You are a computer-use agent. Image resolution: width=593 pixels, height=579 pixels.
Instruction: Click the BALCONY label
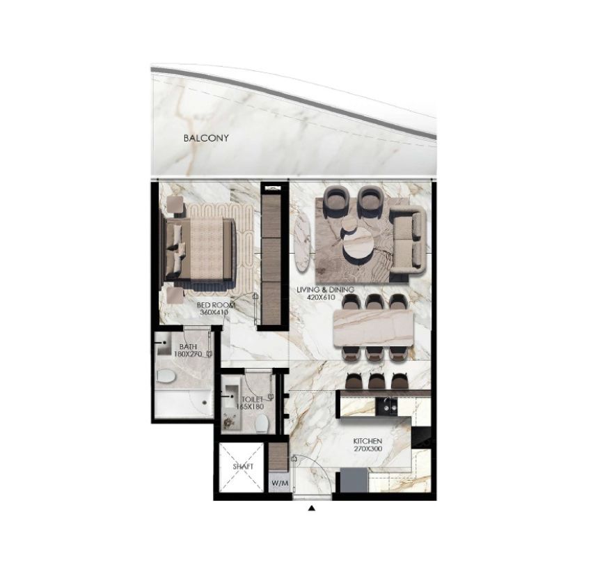206,138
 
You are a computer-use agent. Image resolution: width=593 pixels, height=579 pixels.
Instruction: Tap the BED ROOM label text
216,305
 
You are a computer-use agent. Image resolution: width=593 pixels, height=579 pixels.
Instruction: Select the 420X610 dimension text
321,298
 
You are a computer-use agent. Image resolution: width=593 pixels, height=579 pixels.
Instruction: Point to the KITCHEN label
367,441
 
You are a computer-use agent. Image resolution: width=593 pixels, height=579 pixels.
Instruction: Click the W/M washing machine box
280,483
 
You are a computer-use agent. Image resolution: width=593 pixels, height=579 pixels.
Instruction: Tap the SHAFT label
243,466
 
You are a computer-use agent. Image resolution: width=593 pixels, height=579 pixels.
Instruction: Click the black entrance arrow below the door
312,508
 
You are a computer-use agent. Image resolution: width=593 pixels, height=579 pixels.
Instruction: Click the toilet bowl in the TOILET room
261,424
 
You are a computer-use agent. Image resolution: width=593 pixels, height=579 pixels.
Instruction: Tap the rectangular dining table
374,327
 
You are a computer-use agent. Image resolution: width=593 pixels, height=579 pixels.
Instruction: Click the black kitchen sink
386,407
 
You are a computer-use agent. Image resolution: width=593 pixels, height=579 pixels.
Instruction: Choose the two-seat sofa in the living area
408,240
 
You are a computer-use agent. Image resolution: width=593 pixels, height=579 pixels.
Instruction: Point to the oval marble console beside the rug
303,243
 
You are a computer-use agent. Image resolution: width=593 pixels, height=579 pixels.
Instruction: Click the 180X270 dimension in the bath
188,354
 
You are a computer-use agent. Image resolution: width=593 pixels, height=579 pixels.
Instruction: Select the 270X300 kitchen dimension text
367,449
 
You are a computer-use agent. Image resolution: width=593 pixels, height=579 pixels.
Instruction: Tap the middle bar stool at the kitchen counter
376,380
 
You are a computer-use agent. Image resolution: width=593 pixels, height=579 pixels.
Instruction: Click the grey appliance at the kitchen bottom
354,480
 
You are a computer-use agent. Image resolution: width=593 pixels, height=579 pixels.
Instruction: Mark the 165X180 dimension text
250,407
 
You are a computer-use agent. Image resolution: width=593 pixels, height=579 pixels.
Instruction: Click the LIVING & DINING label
326,290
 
